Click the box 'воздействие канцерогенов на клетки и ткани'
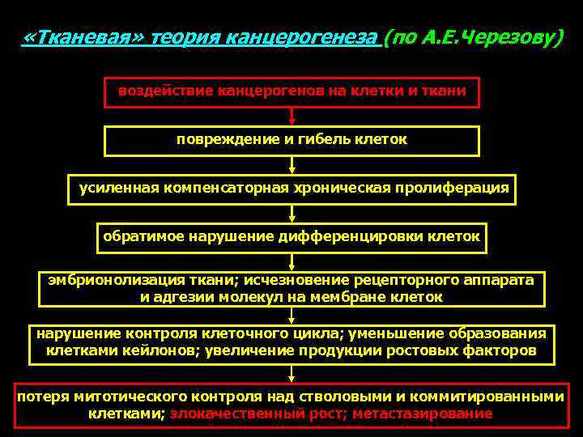tap(291, 91)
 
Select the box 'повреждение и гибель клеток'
tap(291, 140)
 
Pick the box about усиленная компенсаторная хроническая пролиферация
tap(291, 189)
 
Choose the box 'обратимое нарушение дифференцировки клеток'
tap(291, 237)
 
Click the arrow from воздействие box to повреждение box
tap(291, 116)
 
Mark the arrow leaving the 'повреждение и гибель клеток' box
tap(291, 164)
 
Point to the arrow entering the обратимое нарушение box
tap(291, 213)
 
